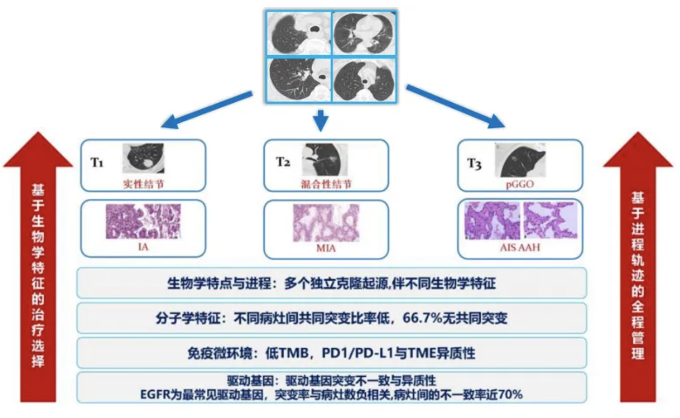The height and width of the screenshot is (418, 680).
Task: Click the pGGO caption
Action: (520, 183)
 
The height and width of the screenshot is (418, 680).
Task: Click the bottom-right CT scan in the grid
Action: (364, 79)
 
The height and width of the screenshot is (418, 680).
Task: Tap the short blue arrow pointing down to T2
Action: (321, 119)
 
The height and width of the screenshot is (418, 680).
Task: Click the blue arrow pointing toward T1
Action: (206, 110)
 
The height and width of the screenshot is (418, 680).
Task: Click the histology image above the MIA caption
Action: (326, 223)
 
